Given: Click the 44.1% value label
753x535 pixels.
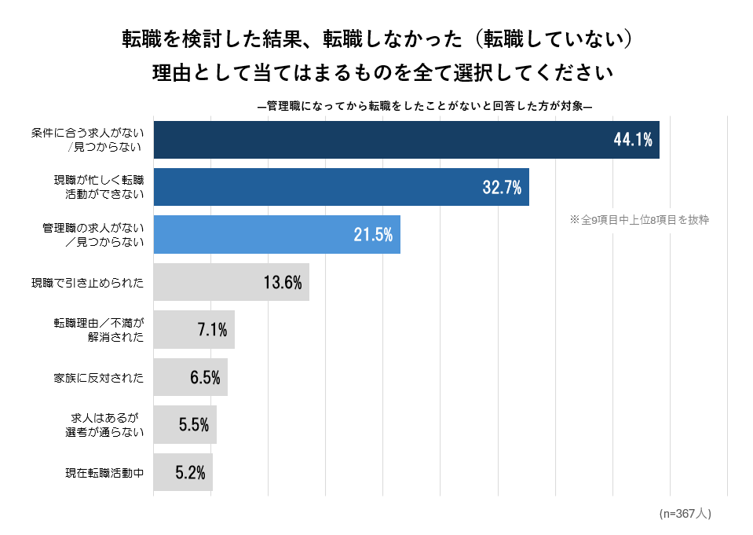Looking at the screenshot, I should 633,140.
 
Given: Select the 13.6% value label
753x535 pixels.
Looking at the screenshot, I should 283,282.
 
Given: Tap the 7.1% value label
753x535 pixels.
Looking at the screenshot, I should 212,330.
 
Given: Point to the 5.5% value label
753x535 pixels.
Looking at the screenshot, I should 194,425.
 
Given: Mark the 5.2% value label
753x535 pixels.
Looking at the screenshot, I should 190,472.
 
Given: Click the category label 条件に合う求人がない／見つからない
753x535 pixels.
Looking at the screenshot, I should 88,140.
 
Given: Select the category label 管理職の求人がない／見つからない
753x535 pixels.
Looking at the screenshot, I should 93,234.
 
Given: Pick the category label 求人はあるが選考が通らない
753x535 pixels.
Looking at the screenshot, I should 104,425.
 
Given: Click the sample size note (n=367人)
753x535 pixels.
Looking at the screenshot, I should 685,513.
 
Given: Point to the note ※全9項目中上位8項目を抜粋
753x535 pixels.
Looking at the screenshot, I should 639,220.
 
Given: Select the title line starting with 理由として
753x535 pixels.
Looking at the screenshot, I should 382,73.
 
